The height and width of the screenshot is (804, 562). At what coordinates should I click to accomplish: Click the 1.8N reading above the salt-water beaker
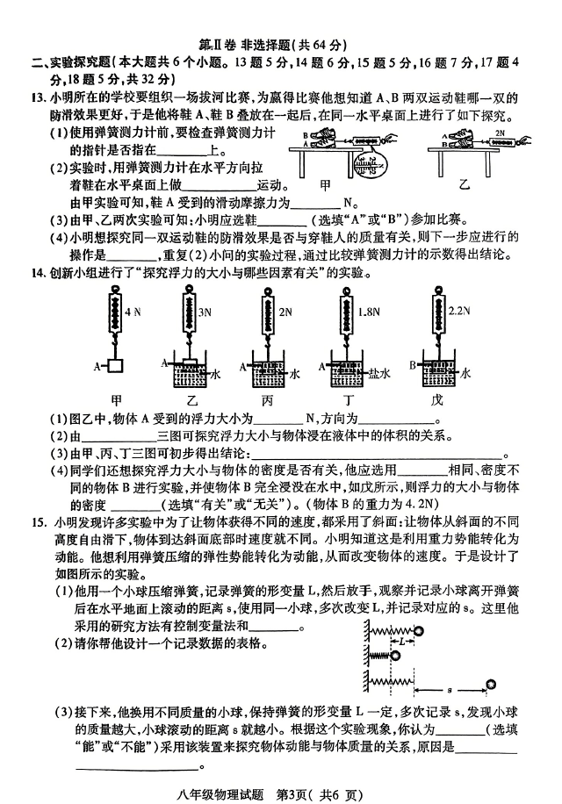[369, 312]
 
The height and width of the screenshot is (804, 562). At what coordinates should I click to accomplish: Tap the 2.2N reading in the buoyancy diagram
[459, 311]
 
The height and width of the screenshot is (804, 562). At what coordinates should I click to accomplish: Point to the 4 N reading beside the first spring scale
[133, 312]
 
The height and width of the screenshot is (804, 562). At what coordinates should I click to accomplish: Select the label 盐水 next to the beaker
[379, 373]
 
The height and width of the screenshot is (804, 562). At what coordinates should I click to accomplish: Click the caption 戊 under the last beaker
[436, 399]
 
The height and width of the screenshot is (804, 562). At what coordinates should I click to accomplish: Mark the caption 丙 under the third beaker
[267, 400]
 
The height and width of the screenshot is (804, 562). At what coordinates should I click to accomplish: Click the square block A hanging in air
[117, 366]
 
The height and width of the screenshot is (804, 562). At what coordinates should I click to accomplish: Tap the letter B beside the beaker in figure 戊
[412, 365]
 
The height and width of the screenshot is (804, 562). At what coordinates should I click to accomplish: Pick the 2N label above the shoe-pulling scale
[501, 133]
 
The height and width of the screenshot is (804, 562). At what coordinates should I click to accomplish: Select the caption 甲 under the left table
[325, 185]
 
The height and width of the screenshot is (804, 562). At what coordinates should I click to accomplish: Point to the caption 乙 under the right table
[464, 184]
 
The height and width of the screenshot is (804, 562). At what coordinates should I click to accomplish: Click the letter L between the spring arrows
[402, 641]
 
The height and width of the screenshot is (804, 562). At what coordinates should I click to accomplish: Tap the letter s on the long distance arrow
[450, 690]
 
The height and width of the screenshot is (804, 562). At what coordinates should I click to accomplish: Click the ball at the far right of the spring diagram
[491, 685]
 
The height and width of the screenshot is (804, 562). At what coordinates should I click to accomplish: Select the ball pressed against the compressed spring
[395, 656]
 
